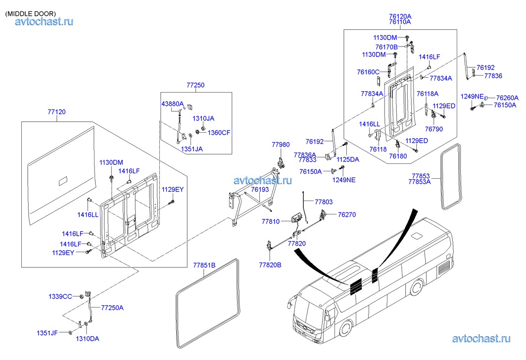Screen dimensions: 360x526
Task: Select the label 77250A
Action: tap(112, 308)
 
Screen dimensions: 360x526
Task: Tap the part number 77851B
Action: tap(204, 265)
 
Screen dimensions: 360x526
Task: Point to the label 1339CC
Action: tap(59, 297)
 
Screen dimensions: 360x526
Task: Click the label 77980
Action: tap(281, 145)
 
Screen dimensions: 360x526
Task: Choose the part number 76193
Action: tap(260, 190)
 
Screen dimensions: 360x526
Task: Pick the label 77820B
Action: tap(270, 265)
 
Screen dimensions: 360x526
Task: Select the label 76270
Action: tap(347, 215)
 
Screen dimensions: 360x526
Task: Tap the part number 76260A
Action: tap(507, 98)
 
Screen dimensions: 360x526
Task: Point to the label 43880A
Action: tap(172, 103)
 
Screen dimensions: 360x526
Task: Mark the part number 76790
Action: tap(434, 129)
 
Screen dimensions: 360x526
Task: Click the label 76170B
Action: tap(386, 47)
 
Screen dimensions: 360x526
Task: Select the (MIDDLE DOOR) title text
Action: tap(30, 13)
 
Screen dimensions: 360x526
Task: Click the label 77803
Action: tap(324, 202)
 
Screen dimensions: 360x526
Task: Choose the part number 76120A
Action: tap(400, 16)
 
